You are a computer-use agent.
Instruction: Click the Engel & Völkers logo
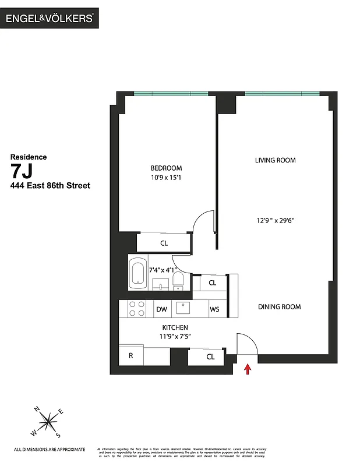click(x=50, y=18)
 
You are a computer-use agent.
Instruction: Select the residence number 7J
click(x=23, y=171)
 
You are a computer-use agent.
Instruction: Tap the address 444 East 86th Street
click(x=50, y=186)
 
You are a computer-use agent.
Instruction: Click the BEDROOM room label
click(x=166, y=168)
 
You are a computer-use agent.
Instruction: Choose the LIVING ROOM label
click(x=275, y=160)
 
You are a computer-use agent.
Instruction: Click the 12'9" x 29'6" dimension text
click(x=276, y=221)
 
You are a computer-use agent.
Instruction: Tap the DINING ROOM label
click(x=280, y=307)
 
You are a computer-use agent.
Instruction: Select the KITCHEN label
click(x=175, y=328)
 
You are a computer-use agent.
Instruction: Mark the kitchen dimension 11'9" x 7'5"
click(x=175, y=337)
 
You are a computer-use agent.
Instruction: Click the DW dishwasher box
click(x=161, y=309)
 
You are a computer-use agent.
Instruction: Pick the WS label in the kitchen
click(x=214, y=309)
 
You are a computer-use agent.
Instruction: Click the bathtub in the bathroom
click(x=138, y=273)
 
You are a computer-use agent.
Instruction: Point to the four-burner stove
click(x=136, y=309)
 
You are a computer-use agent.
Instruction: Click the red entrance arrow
click(x=248, y=369)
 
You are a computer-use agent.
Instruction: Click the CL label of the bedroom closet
click(x=164, y=243)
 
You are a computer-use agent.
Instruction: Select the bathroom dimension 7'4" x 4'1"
click(x=163, y=270)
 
